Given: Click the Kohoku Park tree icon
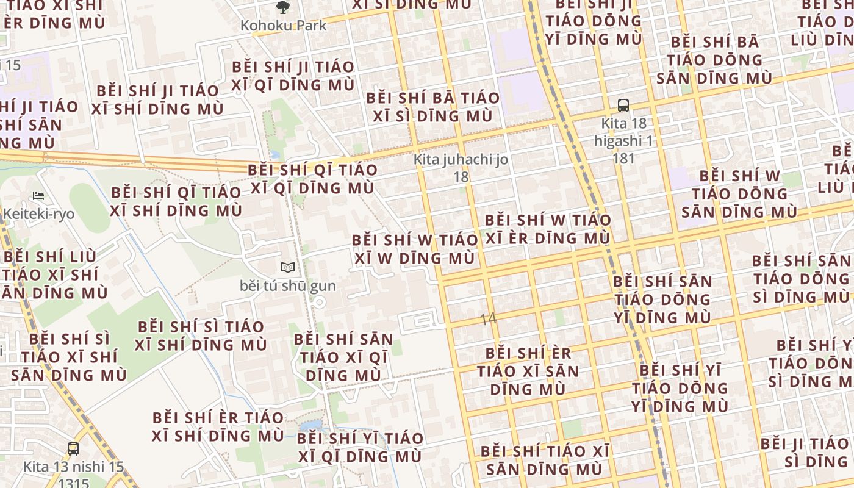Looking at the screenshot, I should click(282, 7).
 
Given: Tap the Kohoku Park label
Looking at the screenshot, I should click(283, 26).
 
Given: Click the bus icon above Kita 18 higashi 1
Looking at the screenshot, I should click(623, 105).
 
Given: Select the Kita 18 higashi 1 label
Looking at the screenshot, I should click(623, 141).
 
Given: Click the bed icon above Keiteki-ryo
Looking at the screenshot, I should click(38, 196).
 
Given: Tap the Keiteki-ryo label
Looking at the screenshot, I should click(38, 214).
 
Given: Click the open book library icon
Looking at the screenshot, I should click(288, 267).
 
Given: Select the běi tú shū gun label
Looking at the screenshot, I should click(288, 285).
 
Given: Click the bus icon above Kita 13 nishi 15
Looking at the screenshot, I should click(73, 449).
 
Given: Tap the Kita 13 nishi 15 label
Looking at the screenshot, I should click(73, 467).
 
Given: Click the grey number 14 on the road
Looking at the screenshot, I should click(489, 318).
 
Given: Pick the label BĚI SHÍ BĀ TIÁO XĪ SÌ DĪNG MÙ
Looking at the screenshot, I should click(432, 107).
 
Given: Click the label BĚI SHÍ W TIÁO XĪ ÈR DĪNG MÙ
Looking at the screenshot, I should click(548, 229).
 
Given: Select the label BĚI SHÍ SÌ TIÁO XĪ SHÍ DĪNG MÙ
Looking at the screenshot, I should click(201, 335).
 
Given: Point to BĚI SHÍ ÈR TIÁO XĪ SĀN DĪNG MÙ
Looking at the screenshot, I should click(528, 371).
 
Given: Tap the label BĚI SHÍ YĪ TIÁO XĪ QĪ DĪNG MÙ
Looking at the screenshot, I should click(360, 447).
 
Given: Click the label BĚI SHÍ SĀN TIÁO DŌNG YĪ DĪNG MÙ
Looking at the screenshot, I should click(662, 300).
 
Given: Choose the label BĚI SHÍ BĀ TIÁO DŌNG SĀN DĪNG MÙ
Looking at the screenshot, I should click(714, 60).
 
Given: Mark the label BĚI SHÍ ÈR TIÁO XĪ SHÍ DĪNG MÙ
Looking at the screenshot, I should click(218, 426).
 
